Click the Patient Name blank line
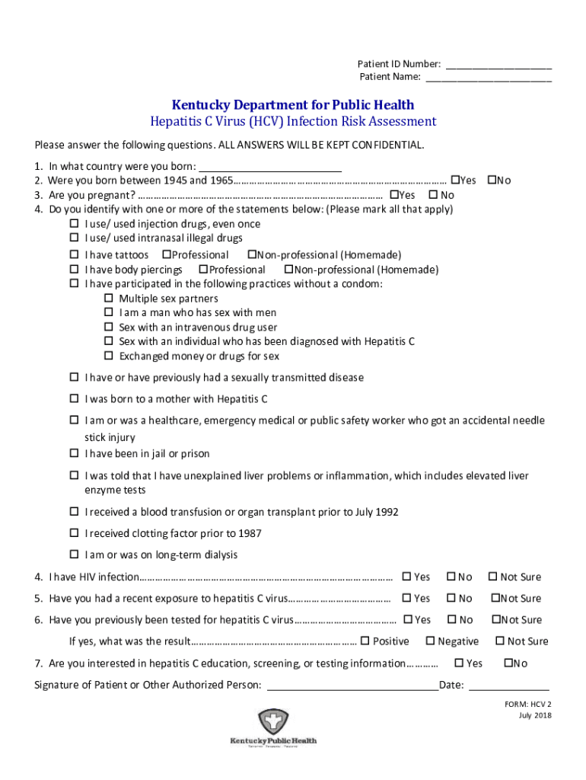pos(488,77)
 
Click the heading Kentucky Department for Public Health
pos(293,105)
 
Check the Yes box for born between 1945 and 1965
pos(455,181)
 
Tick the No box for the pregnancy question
pos(433,195)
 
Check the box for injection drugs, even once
pos(75,224)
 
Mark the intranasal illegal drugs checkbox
pos(75,238)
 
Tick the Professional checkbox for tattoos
pos(166,254)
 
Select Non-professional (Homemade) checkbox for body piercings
pos(288,270)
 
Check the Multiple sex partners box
pos(108,299)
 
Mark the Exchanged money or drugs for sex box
pos(108,356)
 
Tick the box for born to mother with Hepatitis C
pos(75,398)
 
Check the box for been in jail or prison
pos(75,453)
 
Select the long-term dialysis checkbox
pos(75,554)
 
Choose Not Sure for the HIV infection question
pos(492,577)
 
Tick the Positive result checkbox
pos(365,641)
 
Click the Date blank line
pos(508,685)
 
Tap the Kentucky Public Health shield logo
pos(273,721)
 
